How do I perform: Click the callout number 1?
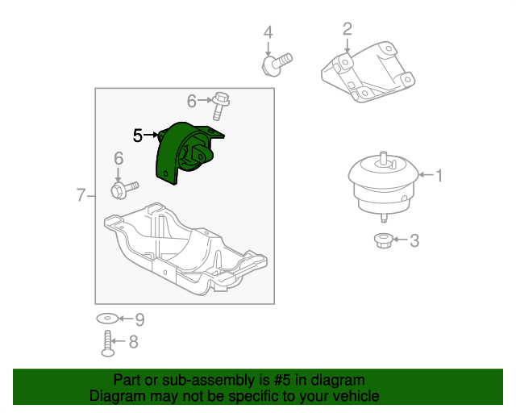(439, 175)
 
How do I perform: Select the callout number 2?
(347, 29)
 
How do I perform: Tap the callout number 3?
(414, 240)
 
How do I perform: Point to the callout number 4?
(268, 32)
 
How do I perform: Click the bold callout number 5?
(138, 136)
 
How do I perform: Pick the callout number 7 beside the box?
(81, 195)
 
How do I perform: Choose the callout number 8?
(133, 342)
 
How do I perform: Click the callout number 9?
(139, 319)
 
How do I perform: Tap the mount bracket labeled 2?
(368, 72)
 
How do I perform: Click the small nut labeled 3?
(383, 240)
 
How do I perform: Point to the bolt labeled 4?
(277, 65)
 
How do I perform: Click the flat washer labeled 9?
(107, 319)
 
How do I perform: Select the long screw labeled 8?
(107, 344)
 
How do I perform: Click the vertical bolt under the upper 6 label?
(220, 106)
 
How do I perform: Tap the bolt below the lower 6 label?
(124, 190)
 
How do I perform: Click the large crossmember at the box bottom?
(185, 249)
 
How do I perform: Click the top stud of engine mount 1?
(383, 158)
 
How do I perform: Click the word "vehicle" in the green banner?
(356, 395)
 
